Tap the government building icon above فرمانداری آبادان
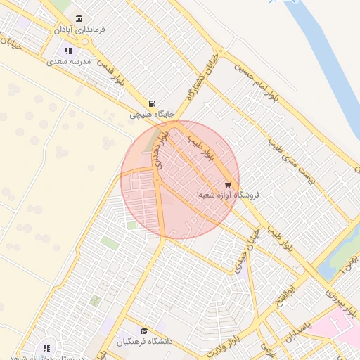click(78, 18)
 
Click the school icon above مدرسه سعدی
click(68, 51)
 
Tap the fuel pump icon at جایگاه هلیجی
click(152, 103)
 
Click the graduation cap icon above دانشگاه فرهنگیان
click(144, 331)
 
